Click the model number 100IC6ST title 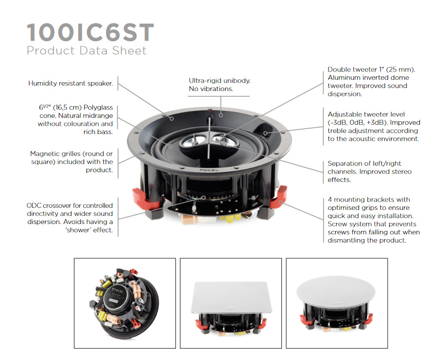point(90,32)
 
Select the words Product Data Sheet point(87,50)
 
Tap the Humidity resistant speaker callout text point(70,84)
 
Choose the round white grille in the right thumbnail point(337,293)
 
